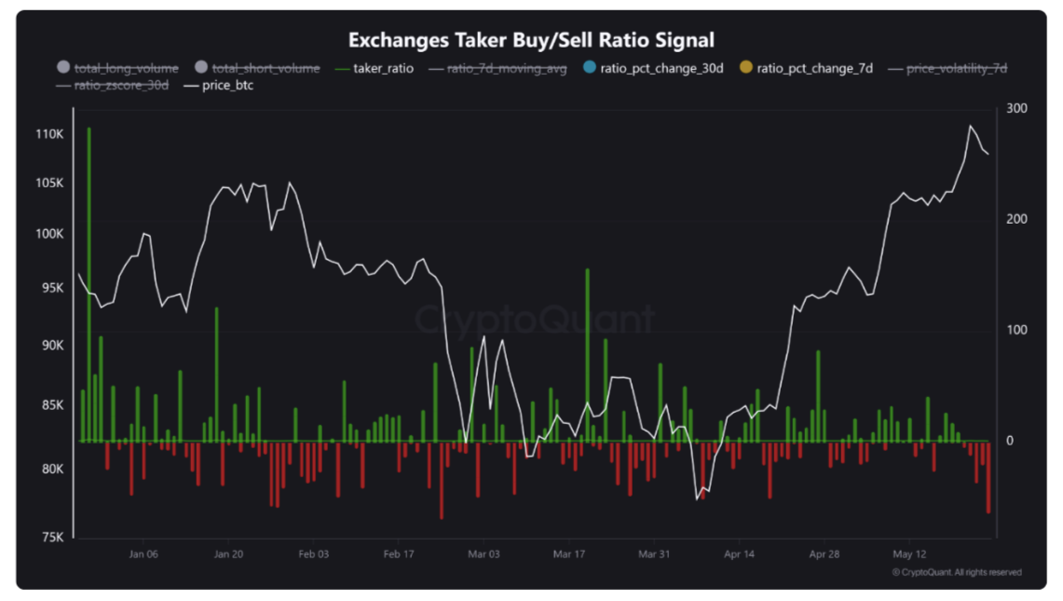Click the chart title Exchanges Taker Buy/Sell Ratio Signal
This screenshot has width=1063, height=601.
click(x=531, y=40)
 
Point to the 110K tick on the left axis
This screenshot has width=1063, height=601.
click(x=48, y=134)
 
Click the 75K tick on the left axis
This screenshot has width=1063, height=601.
click(x=50, y=538)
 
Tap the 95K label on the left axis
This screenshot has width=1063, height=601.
click(x=50, y=288)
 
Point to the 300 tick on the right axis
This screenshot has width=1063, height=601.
click(x=1016, y=109)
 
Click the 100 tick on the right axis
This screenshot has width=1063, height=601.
click(x=1016, y=331)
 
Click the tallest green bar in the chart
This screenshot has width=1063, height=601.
click(x=89, y=280)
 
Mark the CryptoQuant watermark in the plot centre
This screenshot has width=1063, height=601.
click(x=534, y=320)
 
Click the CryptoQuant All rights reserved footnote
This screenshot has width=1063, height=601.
click(x=956, y=572)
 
